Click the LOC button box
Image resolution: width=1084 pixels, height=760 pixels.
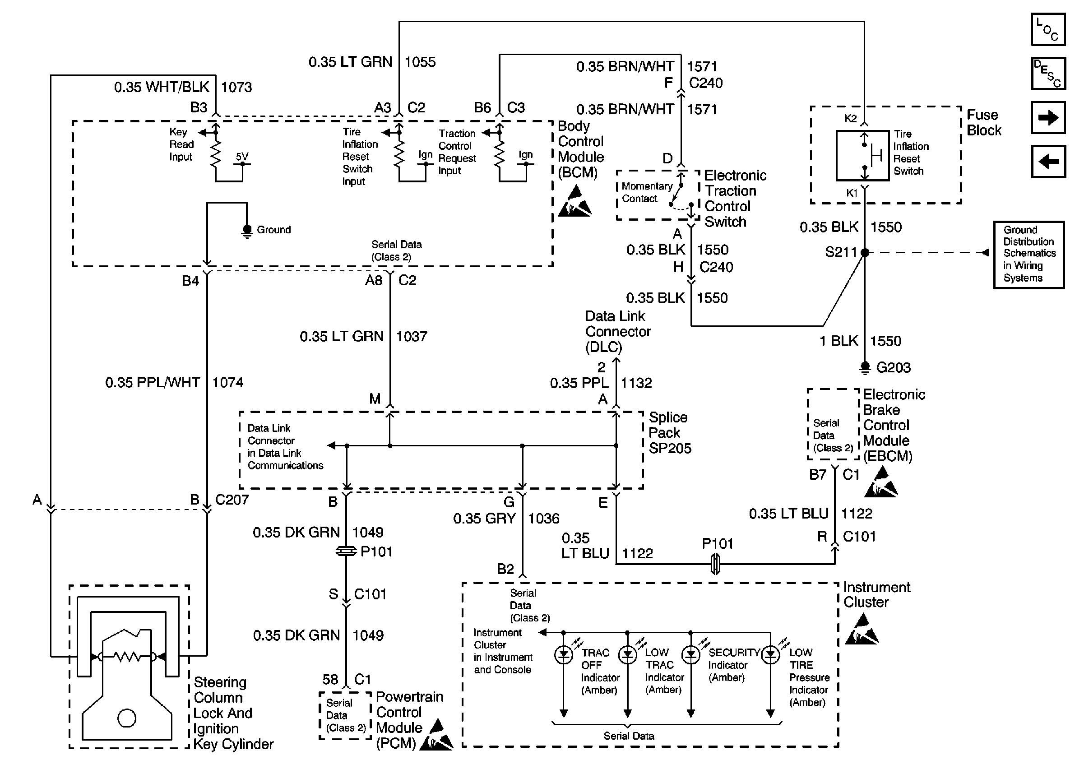1047,29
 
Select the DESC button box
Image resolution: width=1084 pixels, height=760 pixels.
1047,73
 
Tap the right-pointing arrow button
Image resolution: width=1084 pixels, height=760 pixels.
1047,117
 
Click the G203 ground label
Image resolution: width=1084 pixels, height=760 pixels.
893,367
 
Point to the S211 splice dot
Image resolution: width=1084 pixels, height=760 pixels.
865,253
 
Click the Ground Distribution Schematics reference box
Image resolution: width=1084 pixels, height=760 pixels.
1029,255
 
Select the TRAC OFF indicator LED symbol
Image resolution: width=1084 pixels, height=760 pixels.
563,655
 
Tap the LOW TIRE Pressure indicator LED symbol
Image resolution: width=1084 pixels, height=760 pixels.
770,655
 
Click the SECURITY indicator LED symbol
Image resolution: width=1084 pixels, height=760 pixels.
691,655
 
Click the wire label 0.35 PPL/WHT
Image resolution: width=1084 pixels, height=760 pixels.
153,382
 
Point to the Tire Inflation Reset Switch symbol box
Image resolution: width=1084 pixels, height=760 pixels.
862,156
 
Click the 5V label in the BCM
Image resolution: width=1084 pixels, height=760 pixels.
242,156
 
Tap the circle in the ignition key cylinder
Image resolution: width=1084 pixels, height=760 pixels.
126,718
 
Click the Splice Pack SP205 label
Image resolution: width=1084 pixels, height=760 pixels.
669,432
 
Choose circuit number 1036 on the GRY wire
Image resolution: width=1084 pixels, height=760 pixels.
543,518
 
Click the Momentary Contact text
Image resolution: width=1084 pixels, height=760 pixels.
646,192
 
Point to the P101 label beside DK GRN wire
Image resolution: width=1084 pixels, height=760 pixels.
376,551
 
